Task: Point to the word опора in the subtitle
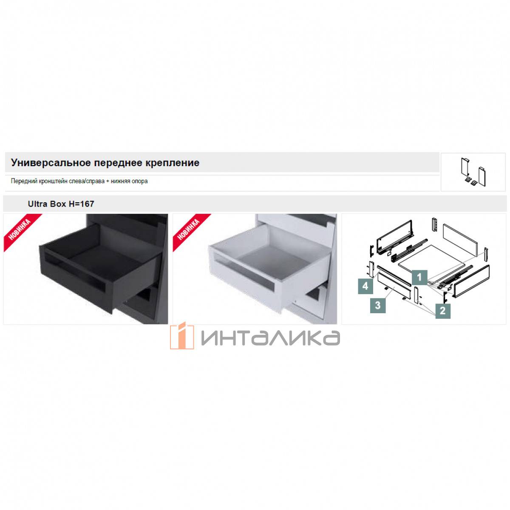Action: [x=140, y=181]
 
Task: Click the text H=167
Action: [x=81, y=204]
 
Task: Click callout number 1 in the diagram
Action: [x=419, y=278]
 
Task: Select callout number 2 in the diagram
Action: [x=442, y=311]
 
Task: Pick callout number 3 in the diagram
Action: [x=378, y=306]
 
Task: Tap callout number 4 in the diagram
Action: [x=365, y=286]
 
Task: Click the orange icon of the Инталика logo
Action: [x=182, y=336]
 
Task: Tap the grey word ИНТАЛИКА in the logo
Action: [x=270, y=338]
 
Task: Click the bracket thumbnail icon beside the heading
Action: [x=473, y=172]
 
